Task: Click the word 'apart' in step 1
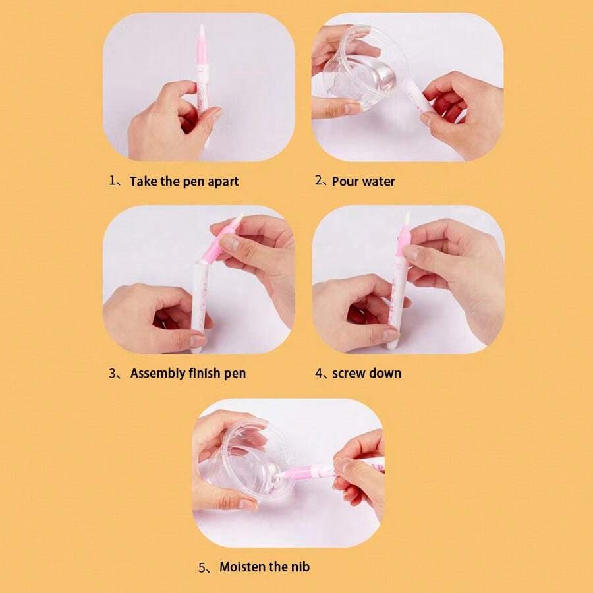[x=223, y=182]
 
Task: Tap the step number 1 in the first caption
[x=112, y=181]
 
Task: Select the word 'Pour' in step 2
[x=345, y=182]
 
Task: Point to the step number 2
[x=318, y=181]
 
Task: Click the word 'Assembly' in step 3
[x=157, y=374]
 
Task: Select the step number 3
[x=112, y=374]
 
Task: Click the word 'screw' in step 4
[x=349, y=374]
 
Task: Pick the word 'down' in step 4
[x=385, y=373]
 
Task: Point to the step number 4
[x=319, y=374]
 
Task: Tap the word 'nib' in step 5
[x=300, y=567]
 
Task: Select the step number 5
[x=202, y=567]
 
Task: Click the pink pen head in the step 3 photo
[x=223, y=239]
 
